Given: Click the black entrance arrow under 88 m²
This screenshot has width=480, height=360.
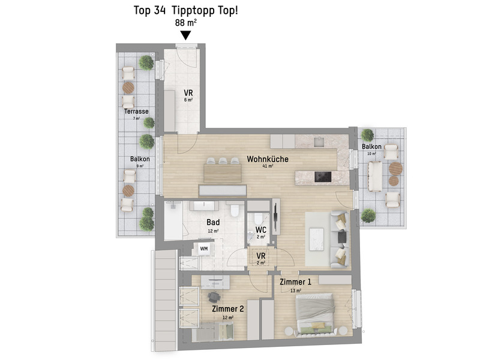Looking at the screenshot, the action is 186,35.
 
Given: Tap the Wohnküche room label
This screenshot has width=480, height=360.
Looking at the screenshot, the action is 268,159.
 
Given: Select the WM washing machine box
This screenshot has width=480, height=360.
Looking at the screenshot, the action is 204,248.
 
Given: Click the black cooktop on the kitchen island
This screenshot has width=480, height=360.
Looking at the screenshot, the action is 323,177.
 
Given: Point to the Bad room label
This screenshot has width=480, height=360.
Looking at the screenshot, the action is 213,222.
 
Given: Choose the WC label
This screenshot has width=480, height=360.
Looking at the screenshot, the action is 261,230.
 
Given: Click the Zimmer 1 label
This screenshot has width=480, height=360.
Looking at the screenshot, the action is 295,282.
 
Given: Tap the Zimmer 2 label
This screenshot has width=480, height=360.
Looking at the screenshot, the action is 228,309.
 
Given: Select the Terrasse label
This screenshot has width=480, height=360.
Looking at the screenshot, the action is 136,112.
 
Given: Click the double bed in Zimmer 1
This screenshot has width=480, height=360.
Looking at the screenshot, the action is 314,311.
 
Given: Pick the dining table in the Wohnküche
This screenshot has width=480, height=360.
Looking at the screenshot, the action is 223,173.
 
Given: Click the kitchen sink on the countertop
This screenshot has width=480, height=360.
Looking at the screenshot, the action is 319,142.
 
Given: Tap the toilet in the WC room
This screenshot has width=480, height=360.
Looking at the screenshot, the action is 259,218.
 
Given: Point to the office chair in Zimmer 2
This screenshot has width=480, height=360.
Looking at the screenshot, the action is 214,296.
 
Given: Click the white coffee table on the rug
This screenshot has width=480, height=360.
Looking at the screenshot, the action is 317,239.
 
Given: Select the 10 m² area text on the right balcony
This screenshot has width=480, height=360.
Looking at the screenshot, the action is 371,154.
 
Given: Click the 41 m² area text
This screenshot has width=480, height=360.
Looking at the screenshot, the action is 268,166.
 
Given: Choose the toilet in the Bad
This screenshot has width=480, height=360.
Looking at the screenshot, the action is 235,211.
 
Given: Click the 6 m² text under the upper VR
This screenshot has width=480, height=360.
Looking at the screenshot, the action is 188,100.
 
